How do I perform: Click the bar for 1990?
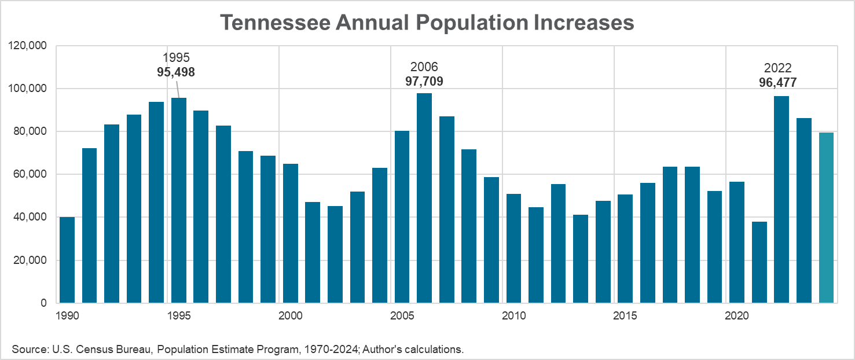(67, 260)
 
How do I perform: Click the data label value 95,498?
(176, 72)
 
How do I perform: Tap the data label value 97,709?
(424, 81)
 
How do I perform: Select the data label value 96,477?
(777, 83)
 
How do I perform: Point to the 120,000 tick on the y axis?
(28, 46)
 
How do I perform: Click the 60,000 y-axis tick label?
(31, 174)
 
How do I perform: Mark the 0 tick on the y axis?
(44, 303)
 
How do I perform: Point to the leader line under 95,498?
(177, 89)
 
